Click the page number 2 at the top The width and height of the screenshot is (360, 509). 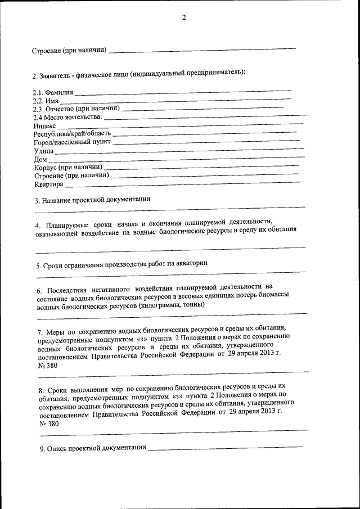point(183,17)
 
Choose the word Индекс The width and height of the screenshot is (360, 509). point(45,126)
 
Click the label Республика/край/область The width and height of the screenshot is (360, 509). point(72,134)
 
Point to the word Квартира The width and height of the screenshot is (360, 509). point(49,185)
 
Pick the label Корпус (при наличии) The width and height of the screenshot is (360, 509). point(67,168)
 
